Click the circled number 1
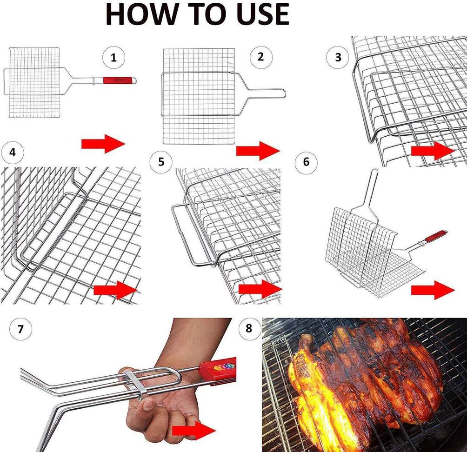click(x=114, y=58)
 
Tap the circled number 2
click(x=261, y=57)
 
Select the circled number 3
click(x=338, y=57)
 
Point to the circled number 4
click(x=13, y=153)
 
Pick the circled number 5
click(x=161, y=162)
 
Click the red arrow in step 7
click(x=193, y=430)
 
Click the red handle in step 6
click(x=435, y=236)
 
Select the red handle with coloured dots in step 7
click(x=218, y=369)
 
